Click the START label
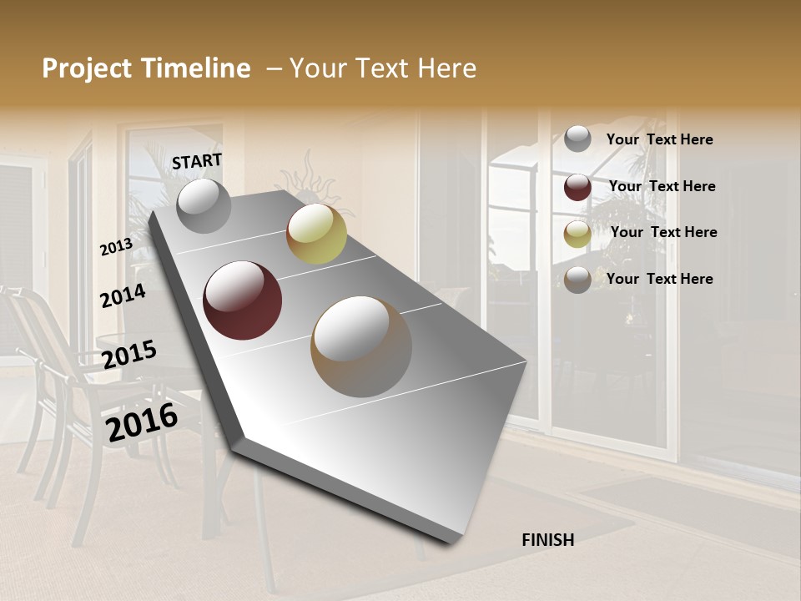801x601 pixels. pyautogui.click(x=197, y=161)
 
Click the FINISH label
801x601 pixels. pyautogui.click(x=547, y=540)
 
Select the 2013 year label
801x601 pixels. pyautogui.click(x=116, y=247)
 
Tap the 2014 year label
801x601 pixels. pyautogui.click(x=123, y=296)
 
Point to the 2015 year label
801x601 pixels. pyautogui.click(x=129, y=355)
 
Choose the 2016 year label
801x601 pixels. pyautogui.click(x=142, y=422)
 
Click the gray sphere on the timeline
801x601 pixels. pyautogui.click(x=204, y=205)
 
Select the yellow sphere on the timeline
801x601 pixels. pyautogui.click(x=316, y=234)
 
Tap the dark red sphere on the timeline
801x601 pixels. pyautogui.click(x=243, y=300)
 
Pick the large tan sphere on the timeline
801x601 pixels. pyautogui.click(x=361, y=346)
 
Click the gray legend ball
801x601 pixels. pyautogui.click(x=577, y=139)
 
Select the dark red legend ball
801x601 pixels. pyautogui.click(x=577, y=187)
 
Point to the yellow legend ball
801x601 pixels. pyautogui.click(x=577, y=234)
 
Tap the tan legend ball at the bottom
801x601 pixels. pyautogui.click(x=577, y=280)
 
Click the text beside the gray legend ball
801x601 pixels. pyautogui.click(x=659, y=139)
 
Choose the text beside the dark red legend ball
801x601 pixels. pyautogui.click(x=662, y=186)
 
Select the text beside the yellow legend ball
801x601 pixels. pyautogui.click(x=663, y=232)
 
